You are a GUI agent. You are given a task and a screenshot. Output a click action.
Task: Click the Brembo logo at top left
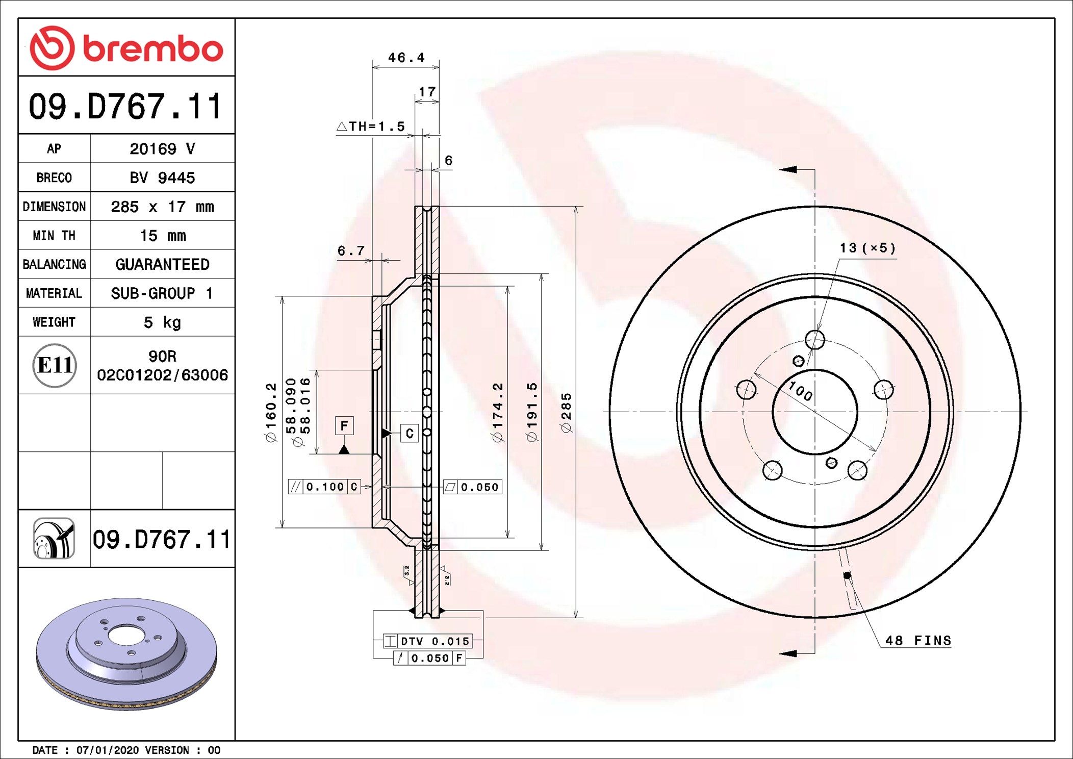(126, 48)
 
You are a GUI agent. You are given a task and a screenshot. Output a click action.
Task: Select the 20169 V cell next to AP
(162, 149)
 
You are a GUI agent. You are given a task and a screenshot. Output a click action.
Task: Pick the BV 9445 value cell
(162, 178)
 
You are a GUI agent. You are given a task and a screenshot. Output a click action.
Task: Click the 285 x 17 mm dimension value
(162, 207)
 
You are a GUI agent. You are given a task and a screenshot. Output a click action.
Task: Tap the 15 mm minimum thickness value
(162, 236)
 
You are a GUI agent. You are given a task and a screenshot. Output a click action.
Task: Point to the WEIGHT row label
(54, 322)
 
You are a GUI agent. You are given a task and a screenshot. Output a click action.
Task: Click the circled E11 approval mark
(55, 365)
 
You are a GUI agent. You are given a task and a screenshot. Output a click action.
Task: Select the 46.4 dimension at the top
(406, 58)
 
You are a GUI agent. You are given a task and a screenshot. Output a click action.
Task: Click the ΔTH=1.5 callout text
(371, 127)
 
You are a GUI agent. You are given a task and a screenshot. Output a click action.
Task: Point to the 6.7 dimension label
(351, 250)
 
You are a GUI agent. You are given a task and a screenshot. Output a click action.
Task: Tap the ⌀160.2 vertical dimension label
(271, 412)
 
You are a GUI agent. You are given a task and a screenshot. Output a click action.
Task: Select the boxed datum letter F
(344, 425)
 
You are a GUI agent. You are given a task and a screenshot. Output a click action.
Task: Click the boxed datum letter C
(409, 433)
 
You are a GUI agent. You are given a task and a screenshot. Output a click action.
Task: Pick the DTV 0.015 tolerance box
(428, 641)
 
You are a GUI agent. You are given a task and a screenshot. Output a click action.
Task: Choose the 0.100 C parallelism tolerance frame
(324, 487)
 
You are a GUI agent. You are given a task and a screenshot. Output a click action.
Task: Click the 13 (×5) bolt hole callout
(867, 248)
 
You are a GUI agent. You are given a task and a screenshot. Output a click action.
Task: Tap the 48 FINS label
(918, 641)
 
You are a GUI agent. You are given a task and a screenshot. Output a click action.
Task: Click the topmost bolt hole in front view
(815, 339)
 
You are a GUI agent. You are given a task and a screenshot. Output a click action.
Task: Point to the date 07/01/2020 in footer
(107, 750)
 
